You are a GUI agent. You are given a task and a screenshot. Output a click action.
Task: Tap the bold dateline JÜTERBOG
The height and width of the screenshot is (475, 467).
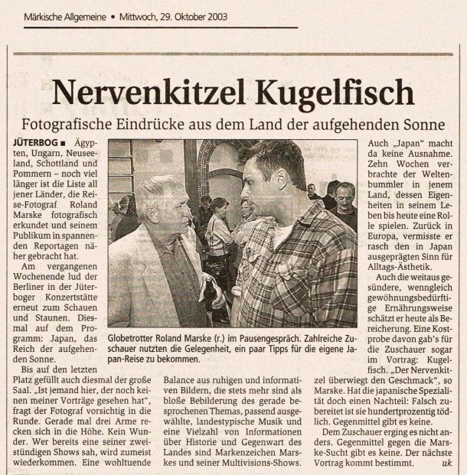pyautogui.click(x=34, y=143)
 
